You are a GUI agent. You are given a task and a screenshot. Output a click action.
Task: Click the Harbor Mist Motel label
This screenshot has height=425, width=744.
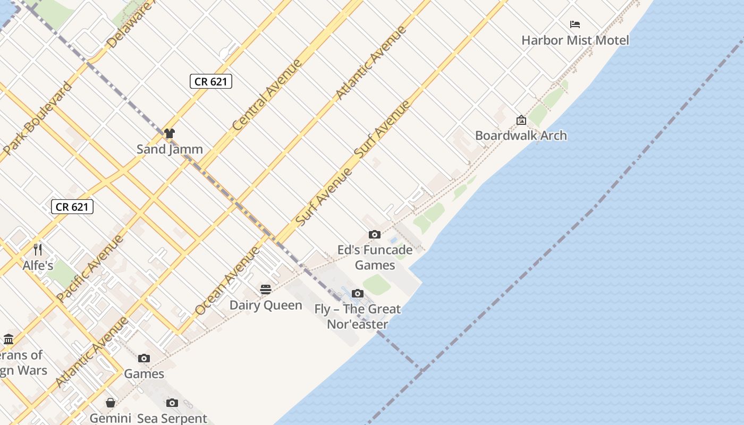[x=575, y=40]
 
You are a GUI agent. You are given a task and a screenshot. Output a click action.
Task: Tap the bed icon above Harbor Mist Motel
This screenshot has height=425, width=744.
[x=575, y=24]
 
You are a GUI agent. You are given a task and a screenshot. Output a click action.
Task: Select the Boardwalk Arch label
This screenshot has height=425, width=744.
[x=521, y=135]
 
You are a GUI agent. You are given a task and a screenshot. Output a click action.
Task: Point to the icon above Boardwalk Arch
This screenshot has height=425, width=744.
[x=521, y=121]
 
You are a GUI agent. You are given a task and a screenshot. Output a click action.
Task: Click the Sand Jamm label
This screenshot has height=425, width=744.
[x=170, y=149]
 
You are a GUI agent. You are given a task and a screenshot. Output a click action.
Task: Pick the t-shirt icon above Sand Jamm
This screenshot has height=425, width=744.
[x=170, y=133]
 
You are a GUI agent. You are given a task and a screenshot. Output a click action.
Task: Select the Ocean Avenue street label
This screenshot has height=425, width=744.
[x=227, y=280]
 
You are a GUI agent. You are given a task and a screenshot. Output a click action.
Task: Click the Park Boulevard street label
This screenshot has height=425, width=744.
[x=37, y=118]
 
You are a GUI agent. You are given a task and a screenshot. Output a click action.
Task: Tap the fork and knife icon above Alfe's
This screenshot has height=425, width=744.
[x=38, y=249]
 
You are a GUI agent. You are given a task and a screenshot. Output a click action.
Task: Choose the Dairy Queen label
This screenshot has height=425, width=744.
[x=266, y=305]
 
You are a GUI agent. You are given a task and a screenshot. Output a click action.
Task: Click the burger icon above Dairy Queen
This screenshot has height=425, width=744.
[x=266, y=290]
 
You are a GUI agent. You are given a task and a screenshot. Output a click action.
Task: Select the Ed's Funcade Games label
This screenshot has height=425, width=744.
[x=375, y=257]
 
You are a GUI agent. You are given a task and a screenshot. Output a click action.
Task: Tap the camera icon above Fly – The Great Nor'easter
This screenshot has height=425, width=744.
[x=358, y=293]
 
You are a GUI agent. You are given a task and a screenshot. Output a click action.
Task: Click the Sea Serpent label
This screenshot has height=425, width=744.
[x=172, y=418]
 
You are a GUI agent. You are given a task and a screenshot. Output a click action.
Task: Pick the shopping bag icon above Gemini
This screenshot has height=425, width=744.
[x=111, y=403]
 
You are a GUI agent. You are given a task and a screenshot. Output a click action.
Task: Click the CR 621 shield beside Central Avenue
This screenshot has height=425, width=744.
[x=211, y=81]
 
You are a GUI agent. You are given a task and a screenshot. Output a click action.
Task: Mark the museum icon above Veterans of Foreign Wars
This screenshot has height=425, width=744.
[x=9, y=339]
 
